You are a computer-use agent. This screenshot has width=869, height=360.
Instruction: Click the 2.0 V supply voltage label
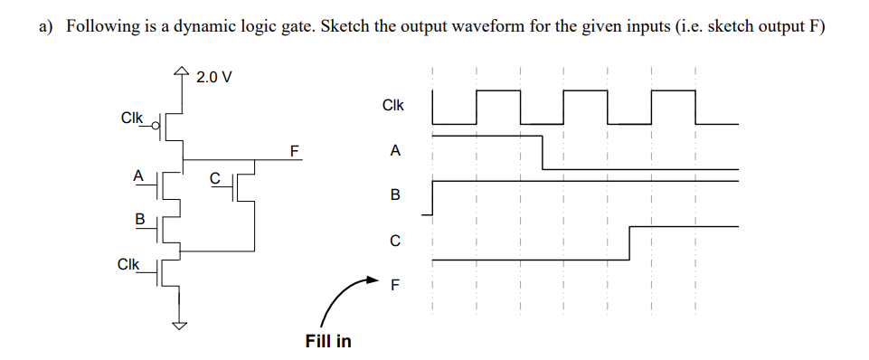coord(213,77)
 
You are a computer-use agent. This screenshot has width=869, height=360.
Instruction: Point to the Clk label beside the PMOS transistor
coord(132,118)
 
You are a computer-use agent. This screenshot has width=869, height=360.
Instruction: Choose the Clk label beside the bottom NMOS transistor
coord(128,265)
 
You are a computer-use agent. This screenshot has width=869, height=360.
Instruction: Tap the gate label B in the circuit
coord(139,219)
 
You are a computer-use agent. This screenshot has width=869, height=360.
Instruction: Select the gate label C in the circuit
coord(214,178)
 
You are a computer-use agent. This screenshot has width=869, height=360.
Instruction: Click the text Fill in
coord(328,342)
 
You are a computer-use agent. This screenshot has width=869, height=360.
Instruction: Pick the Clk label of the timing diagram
coord(393,106)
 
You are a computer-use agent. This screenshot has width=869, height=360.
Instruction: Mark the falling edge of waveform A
coord(543,152)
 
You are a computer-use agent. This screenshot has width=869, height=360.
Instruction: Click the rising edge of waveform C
coord(629,242)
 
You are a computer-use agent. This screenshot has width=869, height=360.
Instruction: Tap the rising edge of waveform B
coord(433,197)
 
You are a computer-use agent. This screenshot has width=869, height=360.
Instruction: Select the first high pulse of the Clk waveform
coord(498,90)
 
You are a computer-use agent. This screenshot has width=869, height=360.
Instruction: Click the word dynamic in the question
coord(201,26)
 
